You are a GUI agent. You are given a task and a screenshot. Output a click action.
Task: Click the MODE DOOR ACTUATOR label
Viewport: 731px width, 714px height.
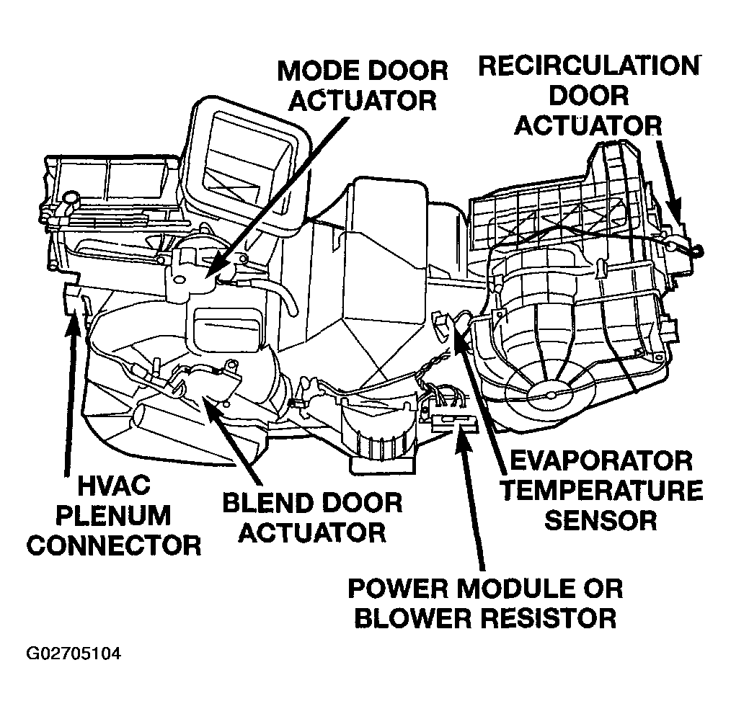coord(363,85)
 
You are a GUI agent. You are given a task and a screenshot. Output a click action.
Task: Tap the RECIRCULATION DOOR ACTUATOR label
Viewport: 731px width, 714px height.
coord(588,95)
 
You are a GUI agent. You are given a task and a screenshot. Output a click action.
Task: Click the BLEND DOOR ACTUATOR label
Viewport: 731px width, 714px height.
coord(311,517)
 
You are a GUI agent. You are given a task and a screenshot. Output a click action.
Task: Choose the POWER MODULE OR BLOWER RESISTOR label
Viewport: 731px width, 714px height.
coord(484,602)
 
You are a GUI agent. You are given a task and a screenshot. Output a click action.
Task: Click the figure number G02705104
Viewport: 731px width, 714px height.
coord(74,654)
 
